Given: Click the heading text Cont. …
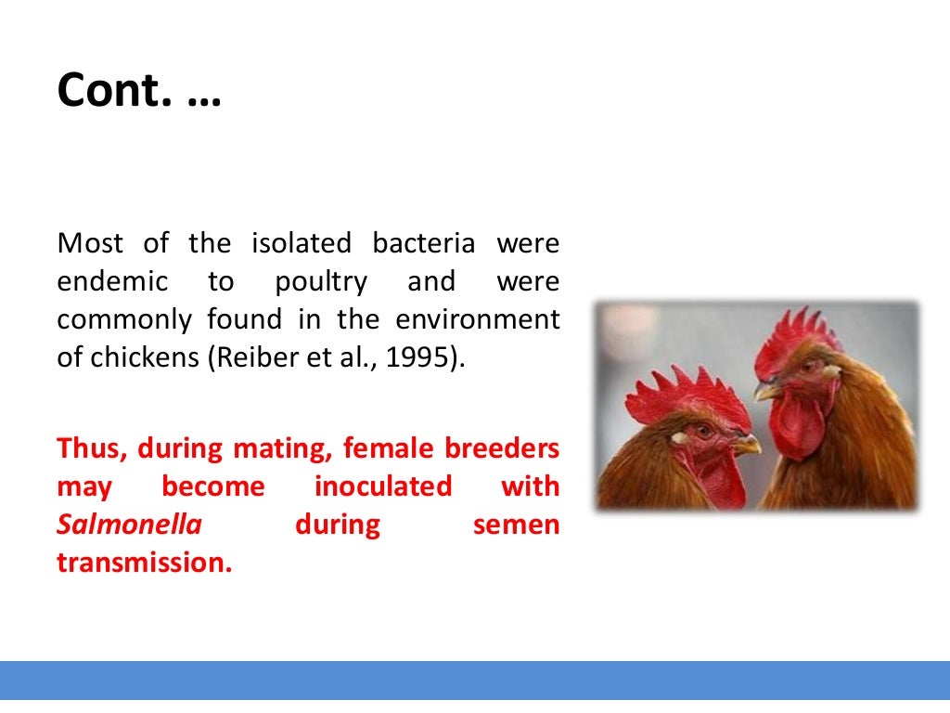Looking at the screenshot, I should point(139,92).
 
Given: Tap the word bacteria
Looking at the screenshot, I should point(424,244).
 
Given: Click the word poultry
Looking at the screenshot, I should point(321,282).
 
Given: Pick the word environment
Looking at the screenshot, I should point(478,320).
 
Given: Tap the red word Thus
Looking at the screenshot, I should point(92,448).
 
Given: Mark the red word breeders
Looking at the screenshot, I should point(502,448).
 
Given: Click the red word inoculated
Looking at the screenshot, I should point(383,486).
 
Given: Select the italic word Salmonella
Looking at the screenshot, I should point(129,525).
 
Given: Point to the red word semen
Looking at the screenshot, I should point(516,525).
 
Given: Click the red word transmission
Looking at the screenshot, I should point(144,563).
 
